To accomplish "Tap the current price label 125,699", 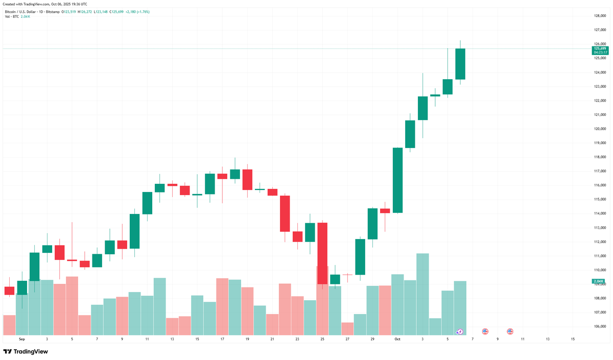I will click(x=599, y=49).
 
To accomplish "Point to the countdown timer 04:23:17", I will click(x=599, y=52).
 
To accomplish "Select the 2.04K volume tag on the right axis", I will click(x=598, y=281).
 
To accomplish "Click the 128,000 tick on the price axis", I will click(x=599, y=16).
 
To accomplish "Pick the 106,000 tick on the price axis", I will click(x=599, y=326).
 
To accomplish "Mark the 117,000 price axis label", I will click(x=599, y=171).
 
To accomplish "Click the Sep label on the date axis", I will click(x=22, y=339).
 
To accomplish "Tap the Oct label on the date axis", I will click(x=397, y=339).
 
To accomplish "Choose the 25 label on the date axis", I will click(x=322, y=339).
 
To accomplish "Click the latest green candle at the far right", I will click(x=460, y=64).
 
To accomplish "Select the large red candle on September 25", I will click(x=322, y=253).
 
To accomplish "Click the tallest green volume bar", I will click(x=422, y=294).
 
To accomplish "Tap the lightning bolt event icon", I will click(x=460, y=332).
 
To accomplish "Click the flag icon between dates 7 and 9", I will click(x=485, y=331).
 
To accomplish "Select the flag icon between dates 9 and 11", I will click(x=510, y=331).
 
